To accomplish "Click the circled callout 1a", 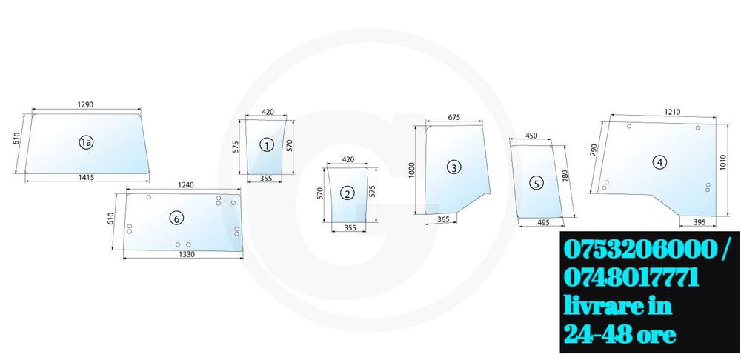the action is click(x=85, y=142).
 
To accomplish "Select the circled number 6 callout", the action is click(x=176, y=218).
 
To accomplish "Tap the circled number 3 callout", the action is click(x=453, y=167).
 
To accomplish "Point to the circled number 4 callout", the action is click(x=659, y=162).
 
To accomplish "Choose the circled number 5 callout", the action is click(x=535, y=183).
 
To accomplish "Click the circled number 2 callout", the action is click(x=348, y=193).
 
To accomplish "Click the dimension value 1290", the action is click(x=85, y=104).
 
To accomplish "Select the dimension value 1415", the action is click(x=87, y=178).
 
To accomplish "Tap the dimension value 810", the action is click(x=16, y=139).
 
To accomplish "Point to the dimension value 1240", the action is click(x=186, y=185).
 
